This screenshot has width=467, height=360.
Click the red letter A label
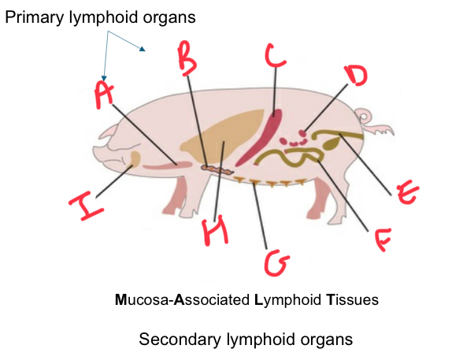pyautogui.click(x=104, y=95)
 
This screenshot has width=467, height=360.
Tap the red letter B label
pyautogui.click(x=187, y=58)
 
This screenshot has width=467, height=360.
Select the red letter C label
pyautogui.click(x=275, y=55)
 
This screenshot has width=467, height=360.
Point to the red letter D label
pyautogui.click(x=356, y=76)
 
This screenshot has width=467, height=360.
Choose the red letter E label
pyautogui.click(x=408, y=192)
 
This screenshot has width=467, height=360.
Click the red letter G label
pyautogui.click(x=276, y=263)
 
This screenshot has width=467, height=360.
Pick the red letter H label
pyautogui.click(x=215, y=232)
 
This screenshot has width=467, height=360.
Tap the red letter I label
pyautogui.click(x=87, y=206)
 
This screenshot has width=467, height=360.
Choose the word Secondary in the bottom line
pyautogui.click(x=180, y=340)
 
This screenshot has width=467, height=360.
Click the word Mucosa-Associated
pyautogui.click(x=182, y=299)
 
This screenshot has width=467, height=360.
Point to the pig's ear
pyautogui.click(x=109, y=133)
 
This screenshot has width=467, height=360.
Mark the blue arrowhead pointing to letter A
pyautogui.click(x=104, y=78)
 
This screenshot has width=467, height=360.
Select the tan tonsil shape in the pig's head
pyautogui.click(x=135, y=159)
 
